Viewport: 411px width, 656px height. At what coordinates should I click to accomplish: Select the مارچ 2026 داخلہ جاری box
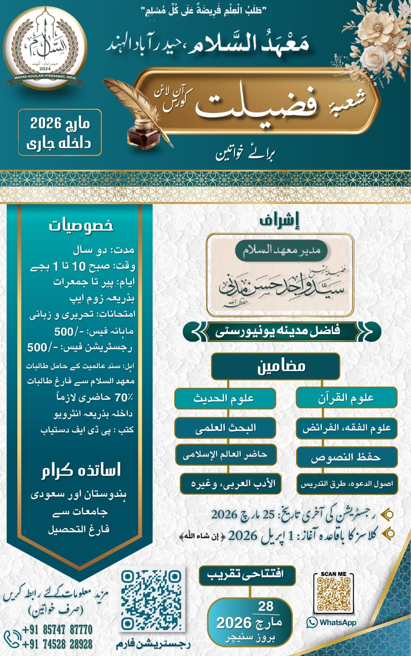[60, 133]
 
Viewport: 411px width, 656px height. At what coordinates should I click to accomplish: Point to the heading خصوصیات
[81, 225]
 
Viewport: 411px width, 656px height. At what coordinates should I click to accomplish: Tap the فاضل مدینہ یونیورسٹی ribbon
[282, 331]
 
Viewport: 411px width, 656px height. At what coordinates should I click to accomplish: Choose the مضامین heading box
[275, 366]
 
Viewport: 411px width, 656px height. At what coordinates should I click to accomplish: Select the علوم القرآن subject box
[346, 398]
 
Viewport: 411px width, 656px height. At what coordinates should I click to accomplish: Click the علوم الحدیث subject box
[225, 398]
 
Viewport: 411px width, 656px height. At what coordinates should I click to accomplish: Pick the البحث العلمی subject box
[225, 428]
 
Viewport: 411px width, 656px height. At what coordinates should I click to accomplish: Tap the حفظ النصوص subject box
[346, 457]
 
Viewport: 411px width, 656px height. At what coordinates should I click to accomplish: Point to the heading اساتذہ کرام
[81, 470]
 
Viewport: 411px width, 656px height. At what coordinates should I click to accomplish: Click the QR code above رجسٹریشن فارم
[151, 600]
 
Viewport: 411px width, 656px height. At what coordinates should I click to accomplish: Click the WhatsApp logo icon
[312, 622]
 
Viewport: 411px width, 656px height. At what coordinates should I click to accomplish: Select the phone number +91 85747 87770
[57, 629]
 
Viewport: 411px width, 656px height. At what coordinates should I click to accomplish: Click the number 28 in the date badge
[266, 606]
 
